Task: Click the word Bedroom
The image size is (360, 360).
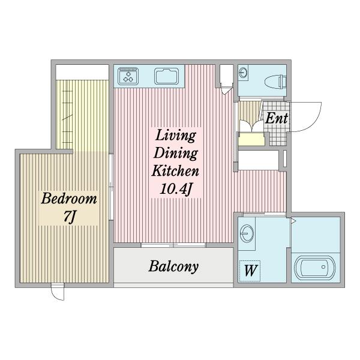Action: click(69, 199)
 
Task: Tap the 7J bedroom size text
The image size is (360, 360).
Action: click(70, 217)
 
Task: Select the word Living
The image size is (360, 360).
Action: click(176, 136)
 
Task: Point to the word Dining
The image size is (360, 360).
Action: click(176, 153)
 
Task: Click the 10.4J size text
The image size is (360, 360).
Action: click(176, 190)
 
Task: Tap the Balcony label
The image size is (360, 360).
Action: click(173, 266)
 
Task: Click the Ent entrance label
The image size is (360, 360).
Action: click(277, 118)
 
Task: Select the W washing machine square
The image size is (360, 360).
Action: click(250, 271)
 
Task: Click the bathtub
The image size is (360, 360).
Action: click(315, 268)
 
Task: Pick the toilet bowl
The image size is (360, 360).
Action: click(275, 82)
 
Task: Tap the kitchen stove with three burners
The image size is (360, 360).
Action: click(128, 76)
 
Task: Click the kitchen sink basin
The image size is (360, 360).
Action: click(166, 76)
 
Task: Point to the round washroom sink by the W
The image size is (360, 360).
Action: click(247, 233)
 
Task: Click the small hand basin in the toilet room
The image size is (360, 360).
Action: click(243, 73)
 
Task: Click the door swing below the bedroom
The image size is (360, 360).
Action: click(58, 292)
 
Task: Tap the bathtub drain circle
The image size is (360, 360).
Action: click(323, 267)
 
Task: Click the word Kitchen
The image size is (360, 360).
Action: click(175, 171)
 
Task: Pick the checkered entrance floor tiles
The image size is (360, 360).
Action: click(275, 124)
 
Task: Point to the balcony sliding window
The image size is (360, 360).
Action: click(173, 245)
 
